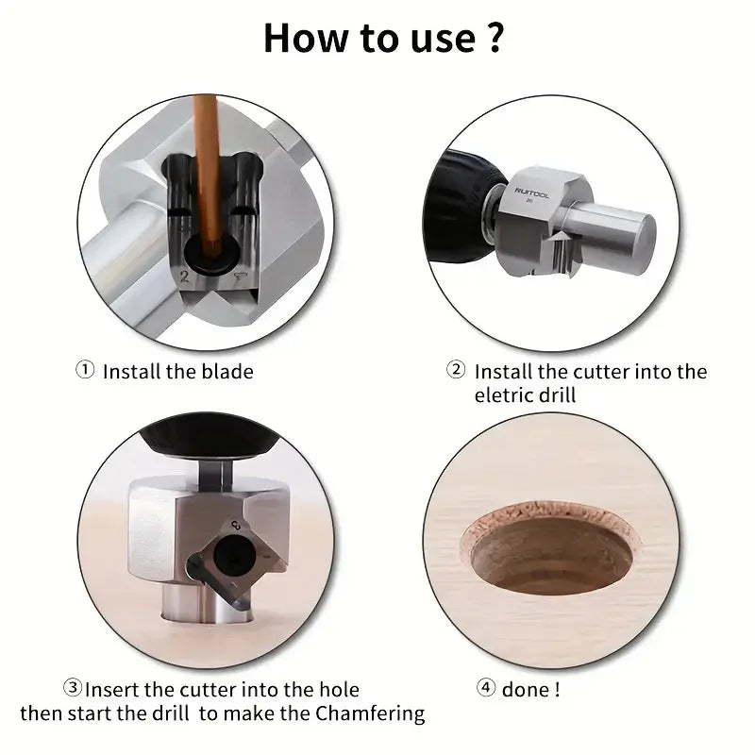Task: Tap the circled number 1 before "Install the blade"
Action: pos(85,371)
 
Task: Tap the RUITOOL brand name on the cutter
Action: pos(534,190)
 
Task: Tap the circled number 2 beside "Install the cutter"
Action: pos(456,371)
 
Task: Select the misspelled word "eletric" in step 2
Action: pos(505,396)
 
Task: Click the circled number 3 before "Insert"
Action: pos(74,690)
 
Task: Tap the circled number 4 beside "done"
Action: pos(486,690)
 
